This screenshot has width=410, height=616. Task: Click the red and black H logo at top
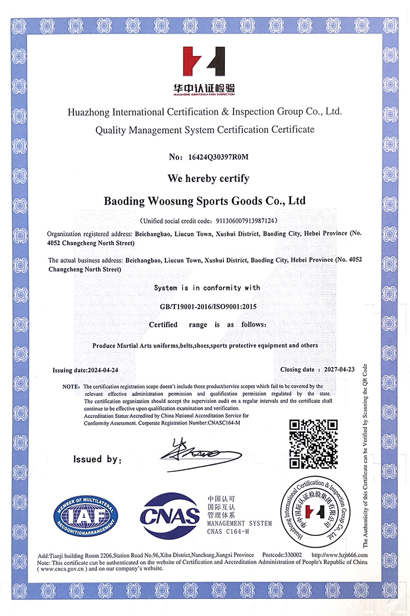click(204, 62)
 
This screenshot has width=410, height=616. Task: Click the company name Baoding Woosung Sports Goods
click(204, 200)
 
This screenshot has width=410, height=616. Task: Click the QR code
click(314, 444)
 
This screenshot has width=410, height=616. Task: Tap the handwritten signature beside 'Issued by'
click(197, 453)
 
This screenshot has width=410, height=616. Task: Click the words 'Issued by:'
click(97, 459)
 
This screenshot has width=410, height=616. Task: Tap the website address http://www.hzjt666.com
click(339, 555)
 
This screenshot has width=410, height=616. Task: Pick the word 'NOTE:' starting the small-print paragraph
click(71, 386)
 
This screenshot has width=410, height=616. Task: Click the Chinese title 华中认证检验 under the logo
click(204, 88)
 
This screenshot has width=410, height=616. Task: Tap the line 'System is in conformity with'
click(207, 288)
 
